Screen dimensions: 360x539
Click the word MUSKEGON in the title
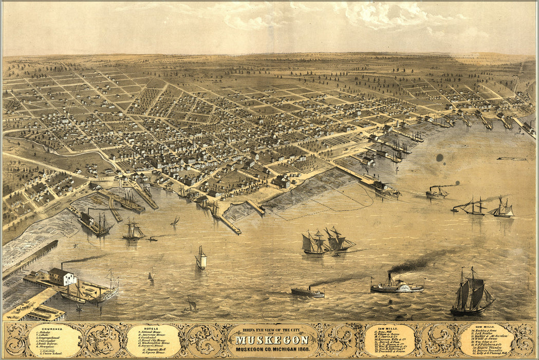(x=272, y=340)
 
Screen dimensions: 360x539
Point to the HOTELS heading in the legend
(x=153, y=328)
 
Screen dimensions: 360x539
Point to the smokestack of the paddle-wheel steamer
(x=389, y=278)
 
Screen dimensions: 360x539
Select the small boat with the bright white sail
(x=201, y=259)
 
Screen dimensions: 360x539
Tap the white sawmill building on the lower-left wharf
(x=62, y=277)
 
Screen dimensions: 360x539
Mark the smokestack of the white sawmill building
(x=62, y=265)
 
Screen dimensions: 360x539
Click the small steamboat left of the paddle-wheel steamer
(x=307, y=292)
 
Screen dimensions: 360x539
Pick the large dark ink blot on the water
(x=439, y=158)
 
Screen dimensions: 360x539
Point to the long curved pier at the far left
(x=29, y=259)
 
